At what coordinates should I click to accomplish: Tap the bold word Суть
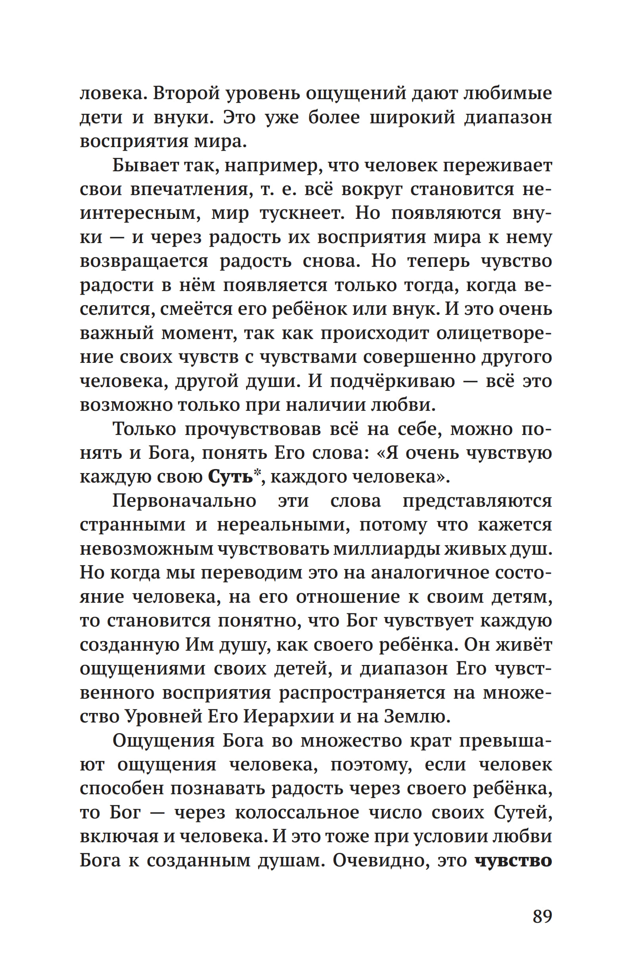[x=230, y=477]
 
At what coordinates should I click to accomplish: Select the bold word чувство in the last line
[x=513, y=860]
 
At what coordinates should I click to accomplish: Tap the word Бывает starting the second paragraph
[x=145, y=166]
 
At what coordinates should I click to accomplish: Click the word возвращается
[x=144, y=262]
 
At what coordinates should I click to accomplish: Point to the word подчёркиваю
[x=393, y=381]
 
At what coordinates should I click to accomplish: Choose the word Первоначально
[x=184, y=501]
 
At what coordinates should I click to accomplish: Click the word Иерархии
[x=289, y=717]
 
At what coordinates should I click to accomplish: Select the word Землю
[x=416, y=717]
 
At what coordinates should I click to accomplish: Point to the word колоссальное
[x=297, y=812]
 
